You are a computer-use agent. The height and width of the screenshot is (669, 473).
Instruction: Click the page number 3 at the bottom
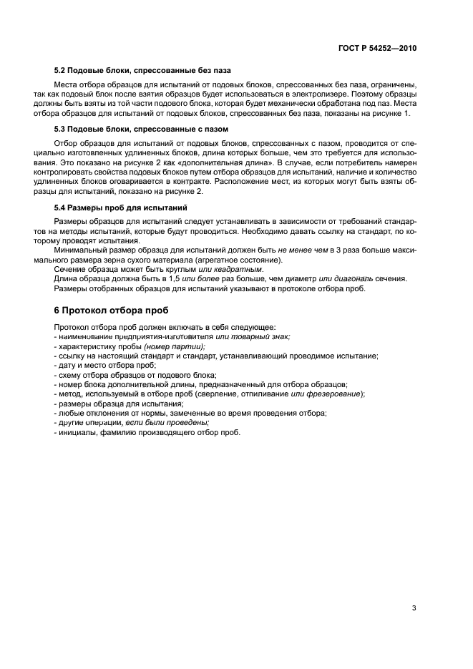click(x=414, y=588)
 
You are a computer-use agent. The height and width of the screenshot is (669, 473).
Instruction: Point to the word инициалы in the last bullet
click(x=78, y=433)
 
